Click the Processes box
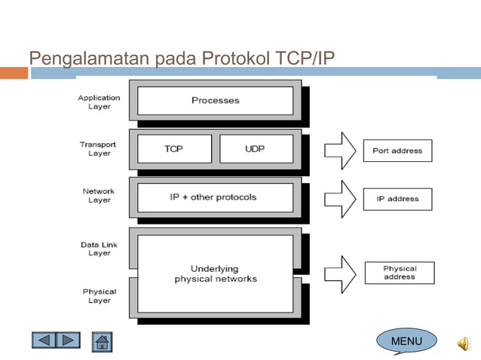pos(215,100)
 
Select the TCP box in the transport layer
pos(173,148)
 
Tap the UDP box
pos(255,148)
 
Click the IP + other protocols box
pos(215,197)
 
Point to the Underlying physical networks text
pos(215,273)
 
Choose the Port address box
pos(397,151)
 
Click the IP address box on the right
pos(397,199)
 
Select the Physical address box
pos(399,272)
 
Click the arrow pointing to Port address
pos(339,150)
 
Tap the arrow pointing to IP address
pos(339,199)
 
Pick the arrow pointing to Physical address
pos(339,273)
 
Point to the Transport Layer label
pos(98,148)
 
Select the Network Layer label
pos(98,195)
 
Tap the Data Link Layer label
pos(99,249)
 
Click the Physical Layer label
pos(99,295)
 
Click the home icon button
pos(102,342)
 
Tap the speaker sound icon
pos(463,343)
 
